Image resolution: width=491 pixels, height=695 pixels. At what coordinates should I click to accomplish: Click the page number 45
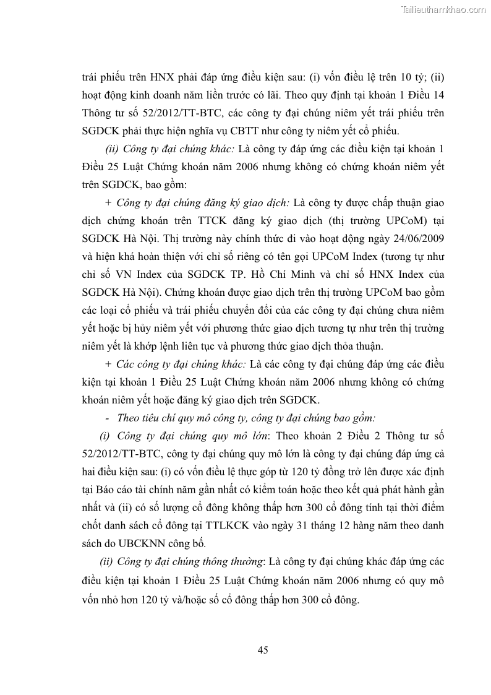[262, 650]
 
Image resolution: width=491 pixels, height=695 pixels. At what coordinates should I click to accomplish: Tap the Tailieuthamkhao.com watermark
[444, 9]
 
